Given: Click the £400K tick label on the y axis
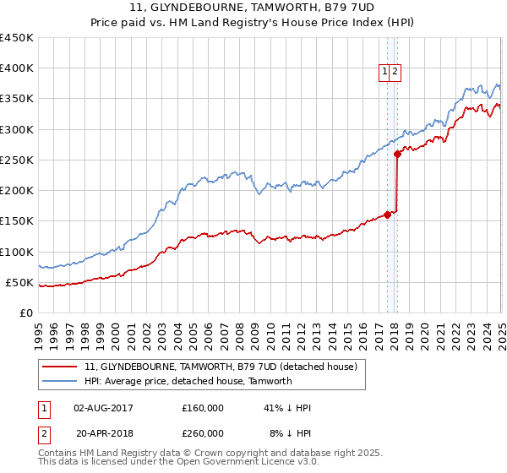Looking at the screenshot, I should [x=16, y=68].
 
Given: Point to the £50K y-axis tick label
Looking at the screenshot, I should [x=19, y=282].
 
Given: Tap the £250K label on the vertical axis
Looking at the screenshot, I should [x=16, y=160].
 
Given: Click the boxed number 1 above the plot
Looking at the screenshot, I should [x=384, y=73].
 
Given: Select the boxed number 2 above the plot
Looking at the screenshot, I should [x=395, y=73].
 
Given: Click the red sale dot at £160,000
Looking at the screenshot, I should [x=387, y=215].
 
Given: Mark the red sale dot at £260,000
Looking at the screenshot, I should [x=398, y=154].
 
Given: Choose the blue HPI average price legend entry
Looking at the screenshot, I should [x=188, y=381].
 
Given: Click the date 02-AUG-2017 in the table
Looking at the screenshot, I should [x=104, y=408].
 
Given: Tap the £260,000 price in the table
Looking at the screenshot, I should [x=203, y=433].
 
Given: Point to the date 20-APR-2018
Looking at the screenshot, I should [x=104, y=433].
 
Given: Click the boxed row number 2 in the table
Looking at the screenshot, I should [x=44, y=433].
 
